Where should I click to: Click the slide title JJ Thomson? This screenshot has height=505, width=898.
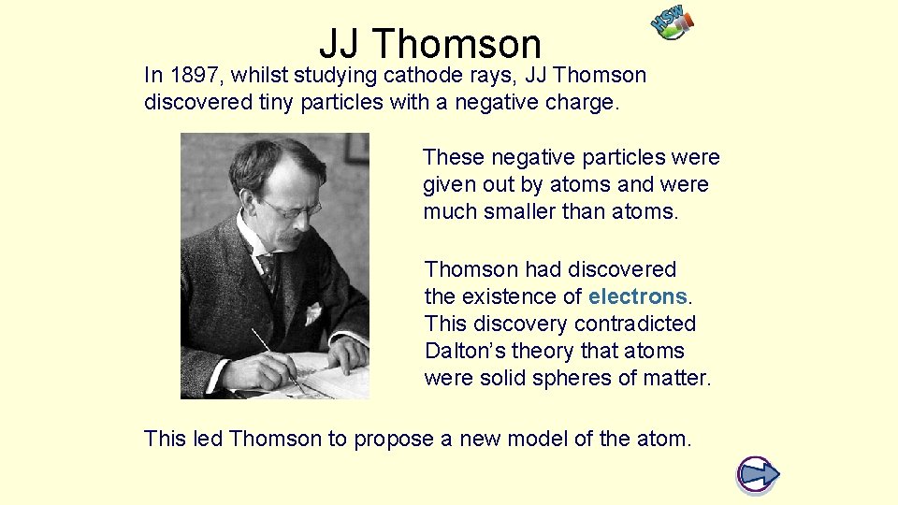click(x=430, y=43)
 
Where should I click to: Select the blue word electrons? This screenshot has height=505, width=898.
click(x=638, y=296)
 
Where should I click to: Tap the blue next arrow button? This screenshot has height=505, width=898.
click(x=758, y=474)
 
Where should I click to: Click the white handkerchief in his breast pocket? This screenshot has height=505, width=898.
click(x=313, y=312)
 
